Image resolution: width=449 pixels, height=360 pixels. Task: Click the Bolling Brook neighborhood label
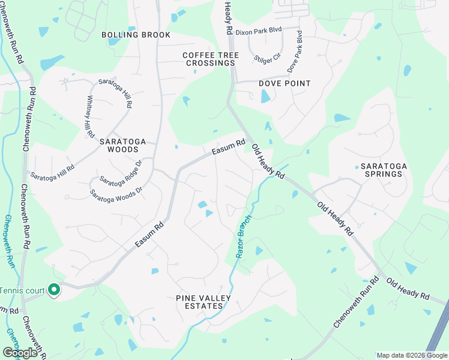point(136,35)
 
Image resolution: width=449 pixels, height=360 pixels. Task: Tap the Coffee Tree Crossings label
point(211,59)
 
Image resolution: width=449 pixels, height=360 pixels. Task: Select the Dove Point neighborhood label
point(285,83)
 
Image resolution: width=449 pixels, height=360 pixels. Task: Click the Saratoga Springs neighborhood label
point(381,170)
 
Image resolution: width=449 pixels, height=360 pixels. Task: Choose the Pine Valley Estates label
point(199,302)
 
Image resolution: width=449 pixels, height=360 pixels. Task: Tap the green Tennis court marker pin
point(54,290)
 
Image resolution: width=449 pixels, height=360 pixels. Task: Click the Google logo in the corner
point(20,353)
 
